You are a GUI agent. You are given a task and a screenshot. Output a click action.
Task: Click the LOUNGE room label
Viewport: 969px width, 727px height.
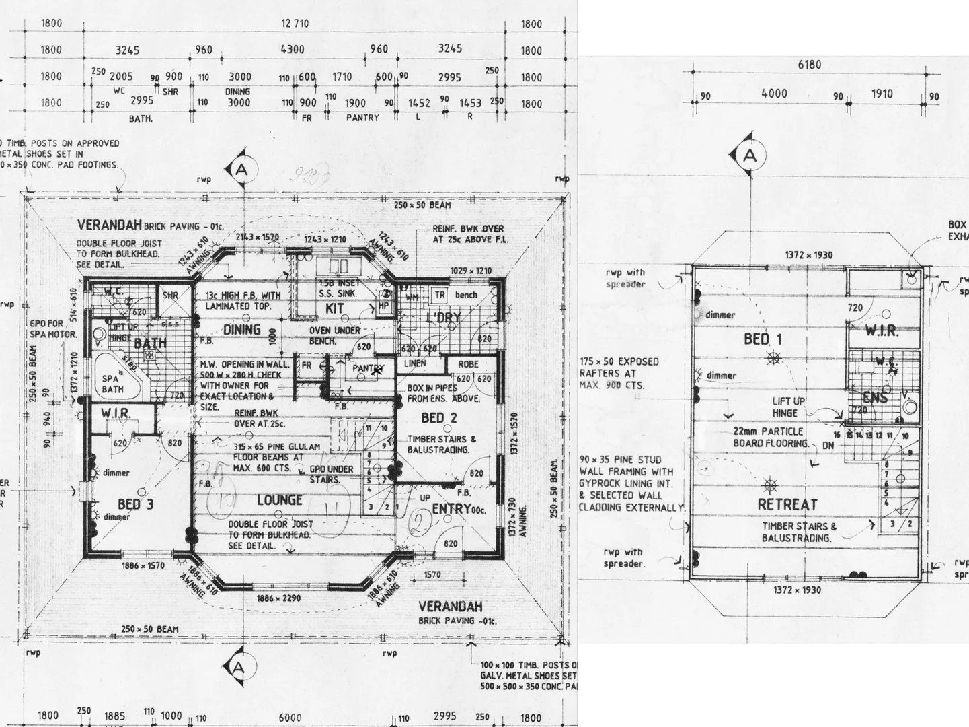pyautogui.click(x=279, y=500)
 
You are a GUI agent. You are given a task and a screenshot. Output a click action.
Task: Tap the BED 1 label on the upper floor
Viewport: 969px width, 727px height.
pyautogui.click(x=763, y=339)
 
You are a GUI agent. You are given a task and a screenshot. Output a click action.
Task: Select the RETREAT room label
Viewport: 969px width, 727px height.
pyautogui.click(x=787, y=504)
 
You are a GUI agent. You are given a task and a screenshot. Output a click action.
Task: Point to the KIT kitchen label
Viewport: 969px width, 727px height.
pyautogui.click(x=334, y=308)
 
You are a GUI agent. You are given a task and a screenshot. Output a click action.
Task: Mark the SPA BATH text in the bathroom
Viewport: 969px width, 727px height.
pyautogui.click(x=112, y=384)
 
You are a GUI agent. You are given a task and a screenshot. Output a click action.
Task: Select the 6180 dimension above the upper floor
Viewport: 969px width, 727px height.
pyautogui.click(x=809, y=65)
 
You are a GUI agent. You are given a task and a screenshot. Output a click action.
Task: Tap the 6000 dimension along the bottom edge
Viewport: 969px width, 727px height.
pyautogui.click(x=290, y=718)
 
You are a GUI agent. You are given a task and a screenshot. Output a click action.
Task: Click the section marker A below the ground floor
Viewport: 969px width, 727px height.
pyautogui.click(x=238, y=667)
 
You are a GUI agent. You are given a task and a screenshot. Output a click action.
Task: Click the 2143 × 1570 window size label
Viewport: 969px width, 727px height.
pyautogui.click(x=257, y=237)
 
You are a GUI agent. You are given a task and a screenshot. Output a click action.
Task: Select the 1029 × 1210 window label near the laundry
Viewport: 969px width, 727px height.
pyautogui.click(x=471, y=271)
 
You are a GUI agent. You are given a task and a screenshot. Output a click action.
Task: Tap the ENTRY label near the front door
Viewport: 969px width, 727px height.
pyautogui.click(x=451, y=509)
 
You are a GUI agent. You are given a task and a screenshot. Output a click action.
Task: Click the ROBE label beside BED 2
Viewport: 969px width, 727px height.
pyautogui.click(x=468, y=364)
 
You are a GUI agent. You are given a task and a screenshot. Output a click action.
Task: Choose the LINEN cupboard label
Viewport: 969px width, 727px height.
pyautogui.click(x=415, y=363)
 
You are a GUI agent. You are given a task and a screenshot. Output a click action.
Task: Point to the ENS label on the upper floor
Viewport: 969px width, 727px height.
pyautogui.click(x=875, y=398)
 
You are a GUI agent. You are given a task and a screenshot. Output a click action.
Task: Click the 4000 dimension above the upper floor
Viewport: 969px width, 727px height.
pyautogui.click(x=773, y=94)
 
